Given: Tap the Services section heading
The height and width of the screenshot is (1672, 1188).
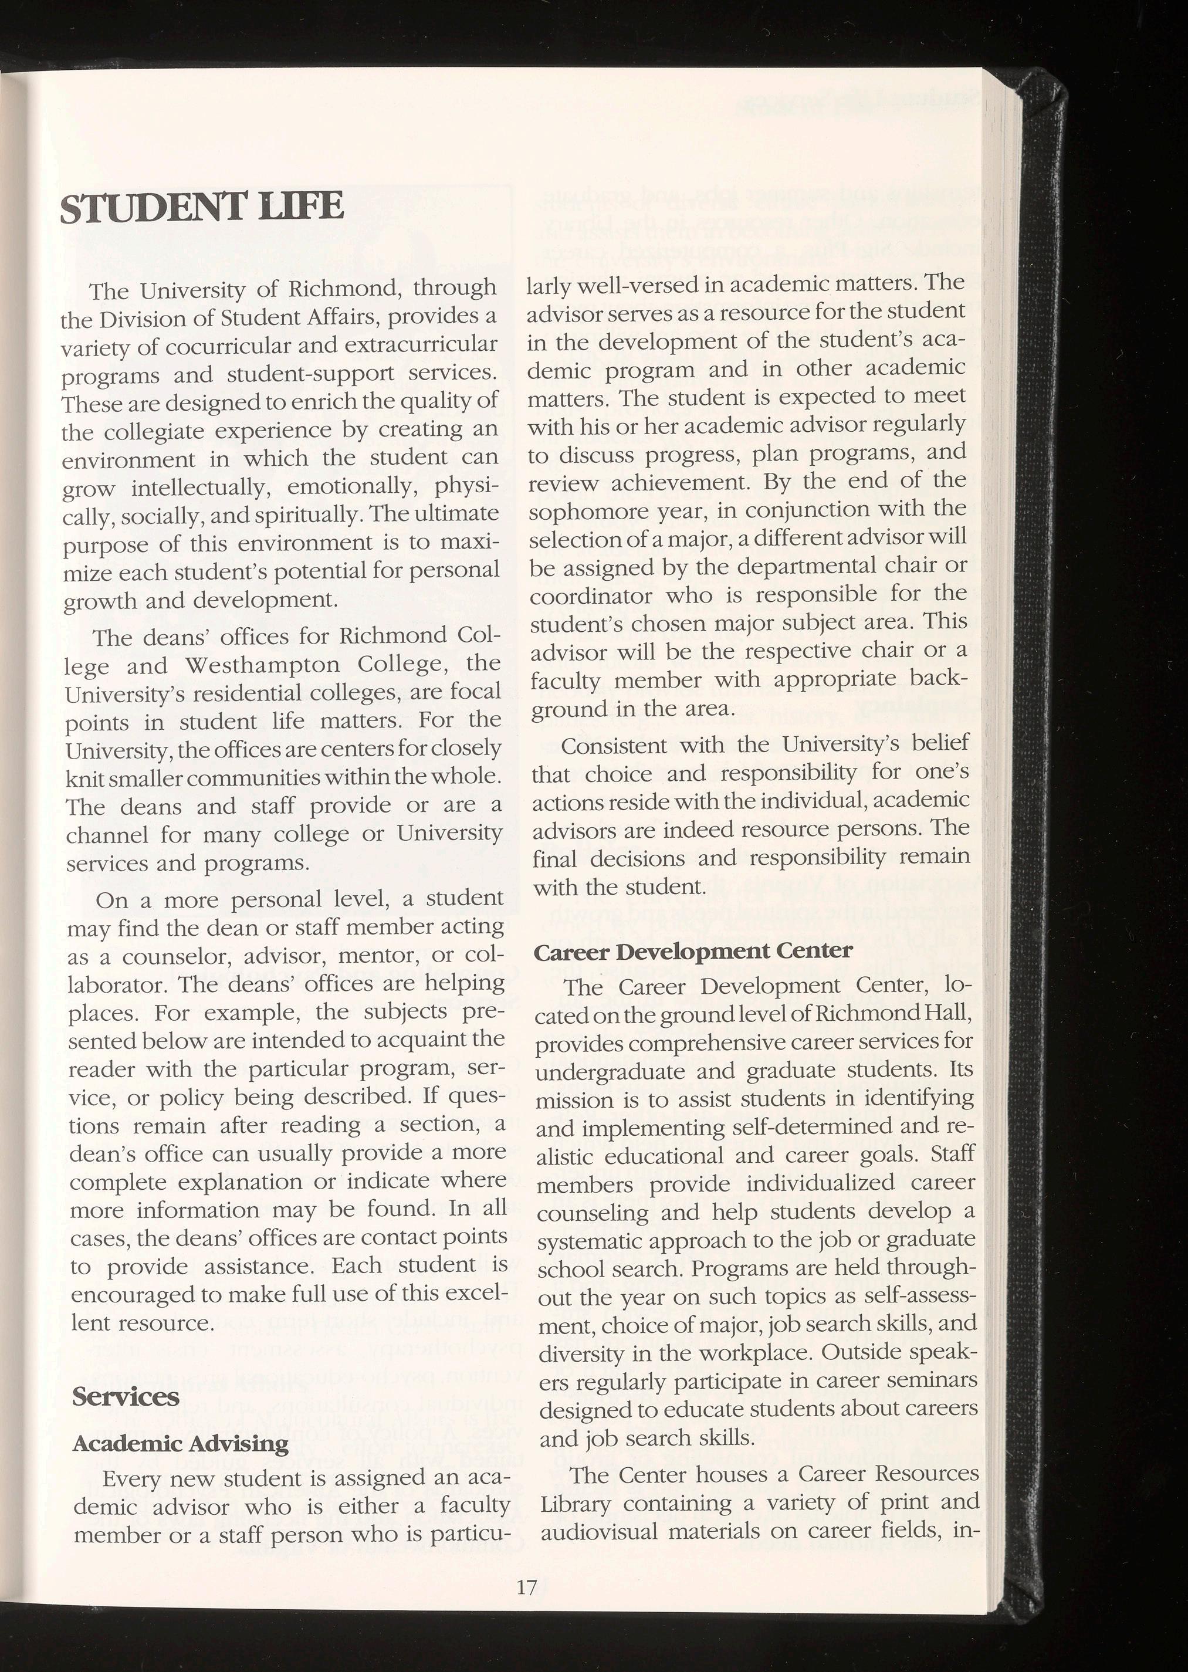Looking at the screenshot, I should coord(126,1396).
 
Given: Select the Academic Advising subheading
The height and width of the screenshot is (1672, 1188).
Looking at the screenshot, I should coord(181,1443).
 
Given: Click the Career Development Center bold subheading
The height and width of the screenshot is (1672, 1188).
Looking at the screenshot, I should coord(693,951).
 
